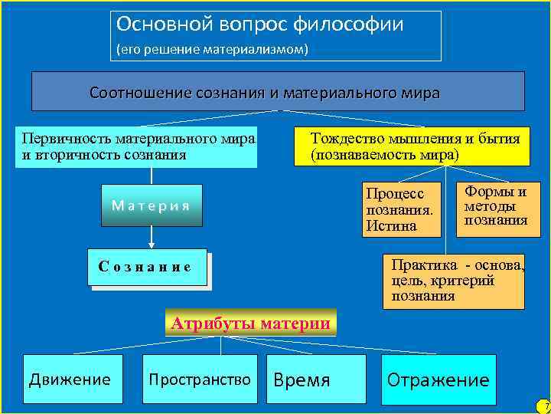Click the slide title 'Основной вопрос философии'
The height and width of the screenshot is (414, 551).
coord(259,25)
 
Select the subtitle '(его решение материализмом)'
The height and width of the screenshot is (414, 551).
coord(212,49)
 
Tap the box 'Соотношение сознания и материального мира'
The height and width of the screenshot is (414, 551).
coord(277,92)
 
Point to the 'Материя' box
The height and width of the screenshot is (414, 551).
coord(152,205)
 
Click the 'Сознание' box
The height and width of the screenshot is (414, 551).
coord(147,267)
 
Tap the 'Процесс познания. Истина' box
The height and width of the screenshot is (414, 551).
coord(403,209)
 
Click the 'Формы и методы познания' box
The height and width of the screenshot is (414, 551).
coord(495,205)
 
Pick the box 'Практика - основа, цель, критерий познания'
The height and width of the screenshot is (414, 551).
coord(453,281)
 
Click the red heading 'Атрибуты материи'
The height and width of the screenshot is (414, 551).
coord(250,324)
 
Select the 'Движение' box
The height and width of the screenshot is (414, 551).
coord(72,379)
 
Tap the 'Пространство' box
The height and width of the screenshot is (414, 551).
coord(200,379)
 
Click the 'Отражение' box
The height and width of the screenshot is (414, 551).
coord(439,379)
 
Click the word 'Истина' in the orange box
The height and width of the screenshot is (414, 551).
coord(391,225)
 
